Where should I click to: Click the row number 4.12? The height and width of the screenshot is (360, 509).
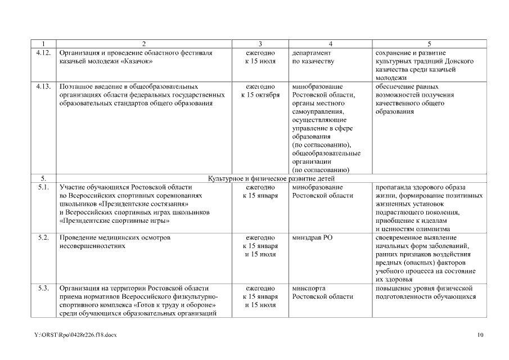pyautogui.click(x=43, y=52)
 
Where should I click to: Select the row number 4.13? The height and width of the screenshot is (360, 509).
pyautogui.click(x=43, y=87)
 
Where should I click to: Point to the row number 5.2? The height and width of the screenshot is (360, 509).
pyautogui.click(x=43, y=238)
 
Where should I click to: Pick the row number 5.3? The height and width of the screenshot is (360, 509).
pyautogui.click(x=43, y=289)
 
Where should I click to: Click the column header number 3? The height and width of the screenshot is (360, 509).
pyautogui.click(x=260, y=44)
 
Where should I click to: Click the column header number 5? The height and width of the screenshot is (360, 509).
pyautogui.click(x=429, y=44)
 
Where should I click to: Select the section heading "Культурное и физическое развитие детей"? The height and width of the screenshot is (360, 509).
pyautogui.click(x=272, y=179)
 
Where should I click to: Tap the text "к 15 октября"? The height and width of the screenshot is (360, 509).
pyautogui.click(x=260, y=95)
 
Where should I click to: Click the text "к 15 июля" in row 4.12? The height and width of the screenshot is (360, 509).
pyautogui.click(x=260, y=61)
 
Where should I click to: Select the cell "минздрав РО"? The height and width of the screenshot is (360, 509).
pyautogui.click(x=313, y=238)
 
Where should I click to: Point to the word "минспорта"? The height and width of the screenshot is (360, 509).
pyautogui.click(x=309, y=289)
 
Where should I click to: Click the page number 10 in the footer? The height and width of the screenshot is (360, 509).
pyautogui.click(x=480, y=335)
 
